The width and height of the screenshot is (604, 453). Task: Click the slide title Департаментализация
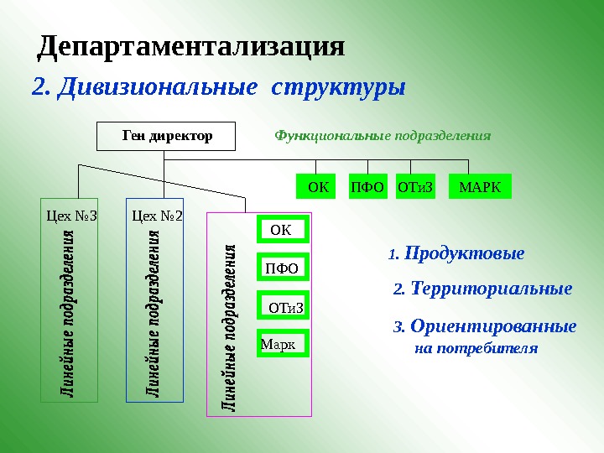[191, 46]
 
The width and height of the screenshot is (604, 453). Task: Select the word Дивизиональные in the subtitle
[155, 87]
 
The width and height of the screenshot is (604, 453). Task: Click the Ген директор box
[167, 136]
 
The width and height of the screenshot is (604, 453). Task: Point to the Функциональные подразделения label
[383, 135]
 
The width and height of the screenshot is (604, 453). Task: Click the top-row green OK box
[317, 187]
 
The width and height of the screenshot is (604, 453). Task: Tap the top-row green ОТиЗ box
[416, 187]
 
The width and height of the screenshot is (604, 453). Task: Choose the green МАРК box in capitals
[480, 187]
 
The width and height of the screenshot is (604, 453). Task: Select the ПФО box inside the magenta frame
[281, 268]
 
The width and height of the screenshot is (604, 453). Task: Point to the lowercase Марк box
[283, 344]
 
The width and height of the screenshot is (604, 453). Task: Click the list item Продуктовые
[463, 253]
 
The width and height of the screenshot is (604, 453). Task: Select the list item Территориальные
[492, 289]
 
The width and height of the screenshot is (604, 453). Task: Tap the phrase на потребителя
[476, 347]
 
